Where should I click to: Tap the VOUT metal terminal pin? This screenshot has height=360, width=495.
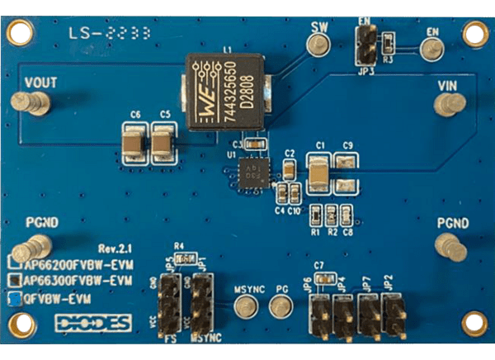pos(36,104)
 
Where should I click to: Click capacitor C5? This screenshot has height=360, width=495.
pos(163,145)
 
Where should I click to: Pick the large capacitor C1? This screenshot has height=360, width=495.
pos(319,174)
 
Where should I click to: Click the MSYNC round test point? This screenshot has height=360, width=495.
pos(245,308)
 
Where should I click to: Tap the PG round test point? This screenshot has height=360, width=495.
pos(281,308)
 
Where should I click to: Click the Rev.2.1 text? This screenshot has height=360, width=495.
pos(115,248)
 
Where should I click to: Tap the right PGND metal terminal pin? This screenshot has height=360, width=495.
pos(449,245)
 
